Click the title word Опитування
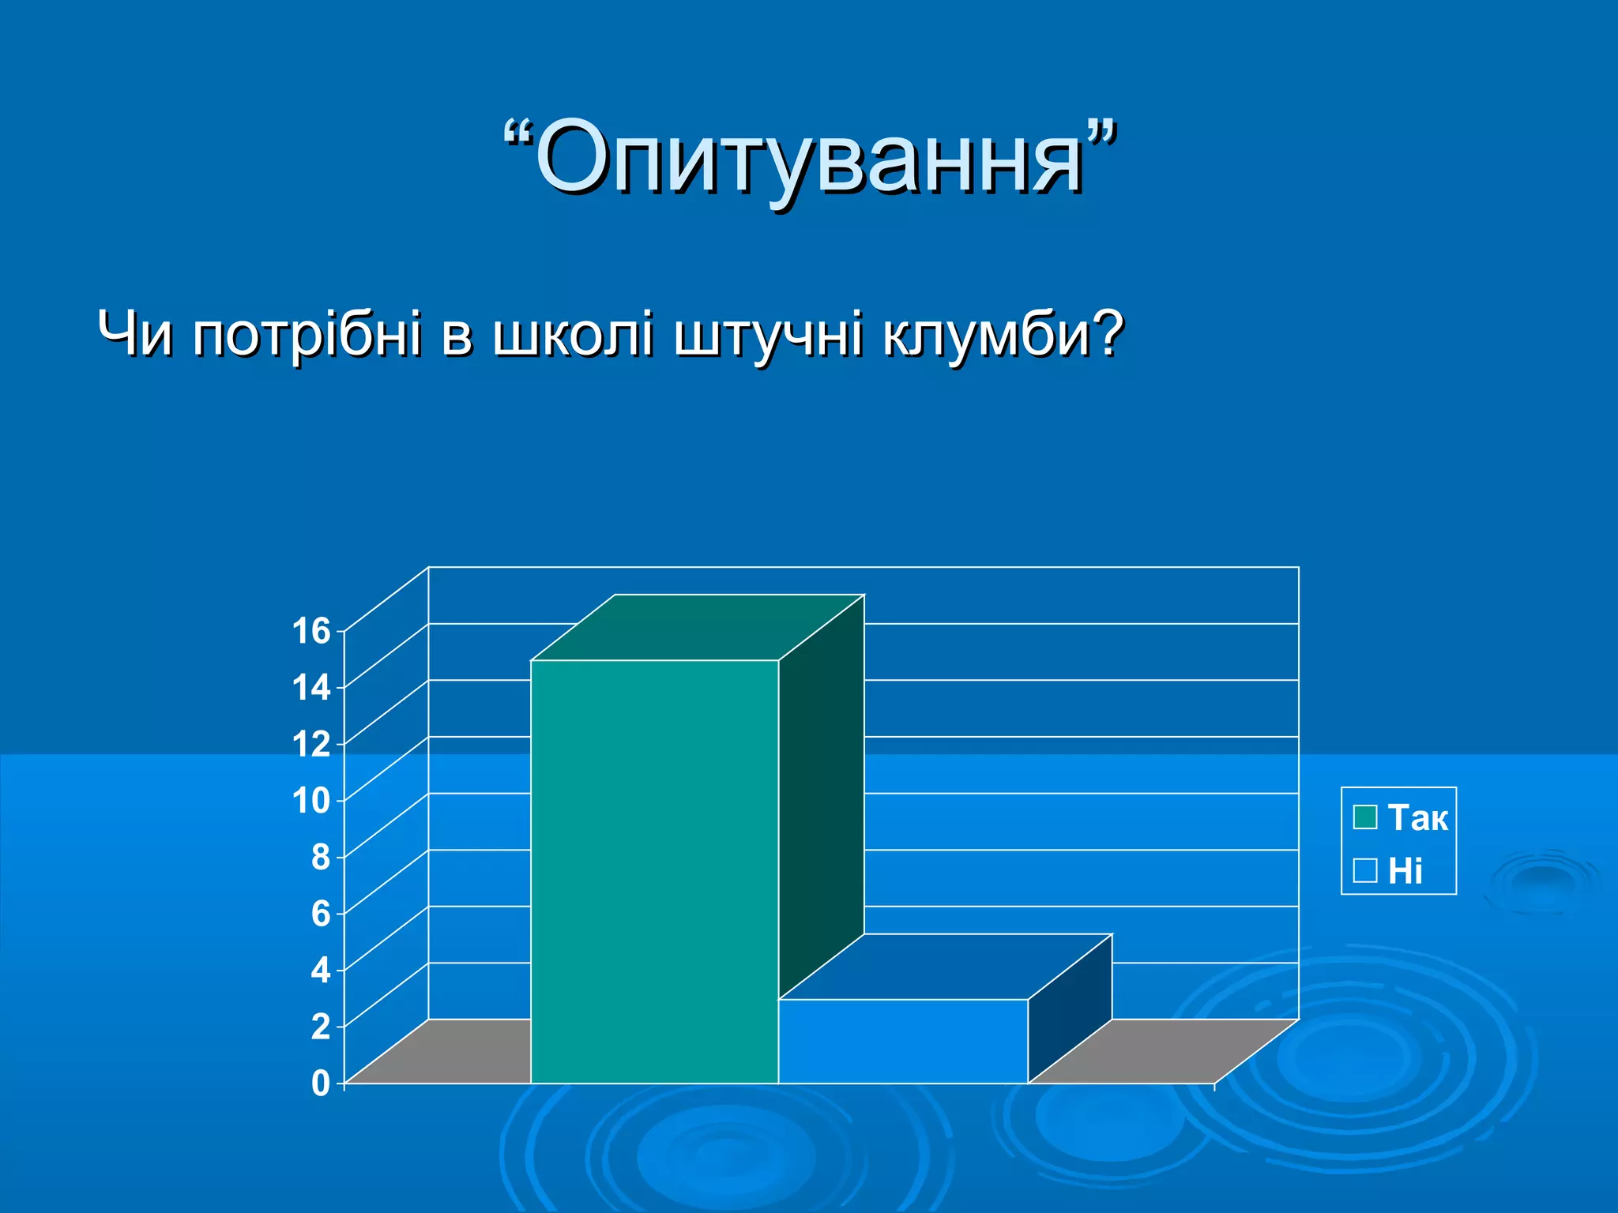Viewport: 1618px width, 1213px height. tap(810, 158)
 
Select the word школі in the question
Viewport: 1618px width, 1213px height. tap(573, 333)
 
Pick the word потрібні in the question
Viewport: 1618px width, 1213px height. tap(307, 335)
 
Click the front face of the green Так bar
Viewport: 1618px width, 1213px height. tap(654, 869)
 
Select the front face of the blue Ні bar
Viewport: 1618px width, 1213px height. tap(902, 1041)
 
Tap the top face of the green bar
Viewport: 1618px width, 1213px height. tap(697, 627)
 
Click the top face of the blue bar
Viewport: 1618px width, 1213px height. tap(945, 967)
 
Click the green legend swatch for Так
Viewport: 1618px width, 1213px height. tap(1364, 817)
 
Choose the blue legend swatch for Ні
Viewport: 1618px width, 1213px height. tap(1364, 870)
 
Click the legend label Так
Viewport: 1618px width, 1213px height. tap(1417, 817)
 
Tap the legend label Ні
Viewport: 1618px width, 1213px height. tap(1405, 871)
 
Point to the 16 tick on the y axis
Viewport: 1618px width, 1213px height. tap(311, 631)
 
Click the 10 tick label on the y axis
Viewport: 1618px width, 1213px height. tap(311, 801)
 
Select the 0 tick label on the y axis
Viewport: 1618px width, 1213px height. tap(320, 1083)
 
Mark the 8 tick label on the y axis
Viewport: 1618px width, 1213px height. tap(320, 858)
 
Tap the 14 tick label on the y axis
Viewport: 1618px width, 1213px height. tap(311, 688)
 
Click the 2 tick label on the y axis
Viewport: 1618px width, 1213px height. tap(320, 1027)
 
